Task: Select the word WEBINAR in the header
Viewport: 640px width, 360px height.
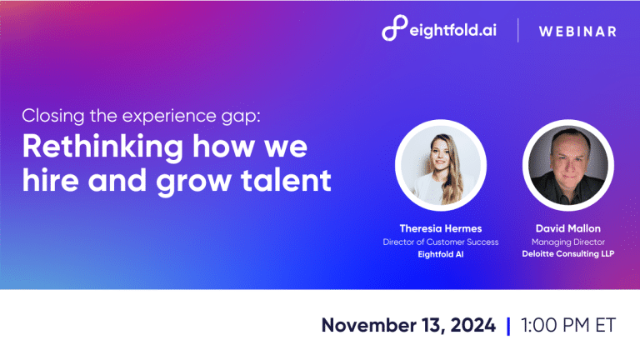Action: [x=577, y=32]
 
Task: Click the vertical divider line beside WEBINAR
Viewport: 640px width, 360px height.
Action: [x=517, y=30]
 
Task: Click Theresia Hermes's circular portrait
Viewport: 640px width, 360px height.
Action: [x=440, y=166]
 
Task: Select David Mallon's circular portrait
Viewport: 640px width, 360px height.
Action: [x=567, y=166]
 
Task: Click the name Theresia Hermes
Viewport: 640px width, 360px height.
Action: [x=441, y=227]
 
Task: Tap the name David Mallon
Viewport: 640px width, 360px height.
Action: [x=568, y=227]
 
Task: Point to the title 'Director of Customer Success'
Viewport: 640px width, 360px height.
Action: [x=441, y=242]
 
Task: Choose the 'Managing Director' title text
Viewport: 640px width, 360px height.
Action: [x=568, y=242]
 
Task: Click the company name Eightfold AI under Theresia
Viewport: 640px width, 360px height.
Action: [x=441, y=256]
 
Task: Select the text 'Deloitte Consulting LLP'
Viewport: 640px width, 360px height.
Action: [x=568, y=256]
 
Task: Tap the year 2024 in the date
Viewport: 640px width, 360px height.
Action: [x=470, y=325]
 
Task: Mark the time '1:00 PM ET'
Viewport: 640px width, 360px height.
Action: [x=567, y=325]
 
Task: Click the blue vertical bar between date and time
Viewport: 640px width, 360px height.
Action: [x=508, y=325]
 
